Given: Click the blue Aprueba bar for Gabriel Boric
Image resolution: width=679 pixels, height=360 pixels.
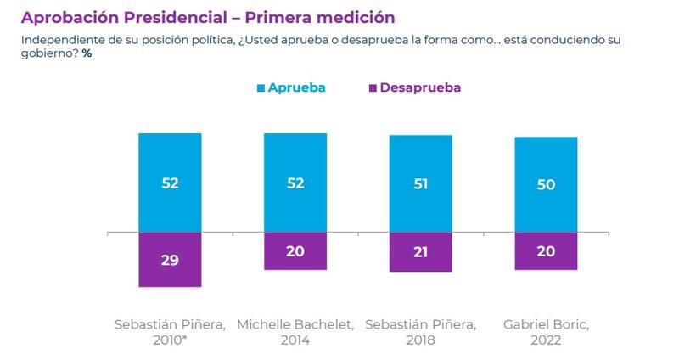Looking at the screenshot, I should point(546,184).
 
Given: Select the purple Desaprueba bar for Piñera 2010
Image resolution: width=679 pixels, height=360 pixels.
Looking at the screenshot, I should point(170,259).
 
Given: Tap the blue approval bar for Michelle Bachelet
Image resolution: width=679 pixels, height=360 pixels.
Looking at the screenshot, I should point(295,183).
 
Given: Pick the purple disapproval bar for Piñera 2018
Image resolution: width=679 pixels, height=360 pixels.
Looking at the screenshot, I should point(420,251).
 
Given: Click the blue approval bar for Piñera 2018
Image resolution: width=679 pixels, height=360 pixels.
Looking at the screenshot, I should point(420,183).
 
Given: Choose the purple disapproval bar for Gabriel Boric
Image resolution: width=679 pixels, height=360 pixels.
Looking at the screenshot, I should point(546,250).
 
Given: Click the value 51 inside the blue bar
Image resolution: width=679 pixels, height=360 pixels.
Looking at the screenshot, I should point(420,183).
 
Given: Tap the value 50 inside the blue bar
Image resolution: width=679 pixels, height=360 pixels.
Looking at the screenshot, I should point(546,184).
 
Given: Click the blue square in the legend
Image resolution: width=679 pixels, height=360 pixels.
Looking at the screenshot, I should point(260,87).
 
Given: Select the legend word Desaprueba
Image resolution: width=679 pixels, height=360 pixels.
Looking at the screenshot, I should point(421,87).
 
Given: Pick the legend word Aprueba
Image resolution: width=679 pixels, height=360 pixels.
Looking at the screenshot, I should point(297,87).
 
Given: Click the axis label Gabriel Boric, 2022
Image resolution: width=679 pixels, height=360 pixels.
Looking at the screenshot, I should point(546,332).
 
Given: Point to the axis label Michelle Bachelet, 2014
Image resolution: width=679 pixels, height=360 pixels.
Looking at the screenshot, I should point(295,332).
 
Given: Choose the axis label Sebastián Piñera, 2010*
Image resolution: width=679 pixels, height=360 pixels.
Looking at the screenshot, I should point(170,332).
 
